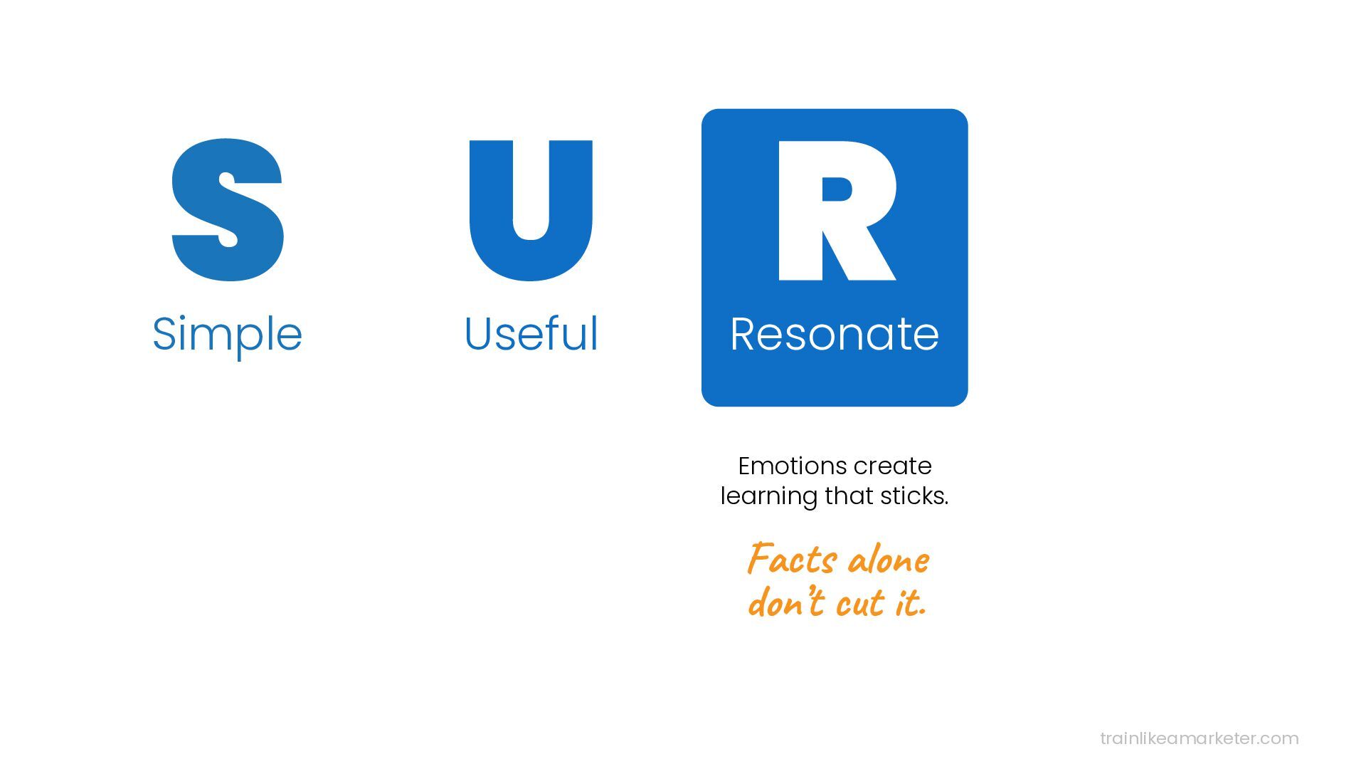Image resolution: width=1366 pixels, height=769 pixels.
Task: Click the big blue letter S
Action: pos(228,210)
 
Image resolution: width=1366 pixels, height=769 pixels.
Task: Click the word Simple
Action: pos(227,334)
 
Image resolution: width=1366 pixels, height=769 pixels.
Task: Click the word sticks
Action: pos(914,496)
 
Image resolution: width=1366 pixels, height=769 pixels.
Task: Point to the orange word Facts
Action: pos(792,560)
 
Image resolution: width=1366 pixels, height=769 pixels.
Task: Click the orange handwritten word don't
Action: pos(787,602)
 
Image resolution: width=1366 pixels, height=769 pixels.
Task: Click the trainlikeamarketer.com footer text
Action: pos(1199,738)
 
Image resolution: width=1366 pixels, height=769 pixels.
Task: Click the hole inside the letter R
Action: pos(836,189)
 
